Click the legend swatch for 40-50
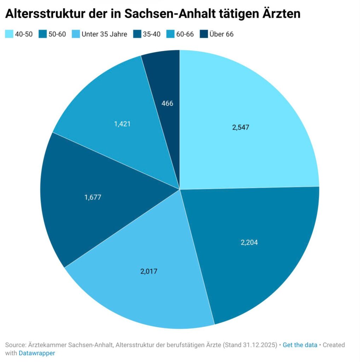click(x=8, y=34)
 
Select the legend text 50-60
click(x=57, y=34)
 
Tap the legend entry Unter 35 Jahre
click(x=104, y=34)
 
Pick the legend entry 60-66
click(x=185, y=34)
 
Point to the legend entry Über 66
click(x=221, y=34)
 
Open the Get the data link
click(x=300, y=345)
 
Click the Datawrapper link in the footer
click(x=37, y=353)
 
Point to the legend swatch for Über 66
click(x=203, y=34)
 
